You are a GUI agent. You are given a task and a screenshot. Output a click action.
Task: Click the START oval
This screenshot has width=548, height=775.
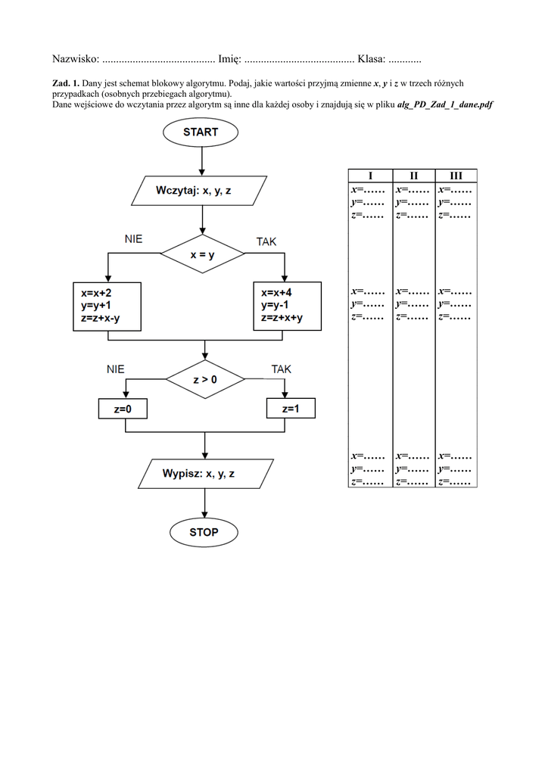point(201,132)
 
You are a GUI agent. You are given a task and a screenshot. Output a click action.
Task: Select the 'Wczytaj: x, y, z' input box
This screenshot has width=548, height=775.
point(200,191)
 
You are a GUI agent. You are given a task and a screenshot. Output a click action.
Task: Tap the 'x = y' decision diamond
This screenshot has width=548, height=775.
point(203,255)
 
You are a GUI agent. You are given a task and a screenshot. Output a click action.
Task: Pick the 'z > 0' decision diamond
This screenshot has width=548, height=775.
point(204,379)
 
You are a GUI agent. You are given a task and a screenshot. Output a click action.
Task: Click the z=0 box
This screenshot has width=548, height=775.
point(123,409)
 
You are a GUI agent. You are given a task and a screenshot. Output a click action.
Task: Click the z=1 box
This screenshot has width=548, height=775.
point(290,409)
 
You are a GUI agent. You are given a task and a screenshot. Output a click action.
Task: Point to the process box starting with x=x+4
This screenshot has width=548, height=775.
point(287,305)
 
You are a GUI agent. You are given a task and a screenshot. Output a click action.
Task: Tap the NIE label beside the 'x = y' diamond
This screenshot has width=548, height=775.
point(134,239)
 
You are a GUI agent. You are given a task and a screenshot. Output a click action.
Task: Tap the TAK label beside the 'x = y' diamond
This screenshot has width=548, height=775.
point(266,241)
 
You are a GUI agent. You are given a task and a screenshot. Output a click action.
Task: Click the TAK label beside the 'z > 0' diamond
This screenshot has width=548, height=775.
point(282,369)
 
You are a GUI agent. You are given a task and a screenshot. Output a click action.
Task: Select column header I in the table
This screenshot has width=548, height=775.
point(370,176)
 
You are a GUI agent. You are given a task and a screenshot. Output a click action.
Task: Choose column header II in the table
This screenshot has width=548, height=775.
point(413,176)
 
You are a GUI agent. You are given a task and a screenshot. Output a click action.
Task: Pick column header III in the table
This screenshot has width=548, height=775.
point(456,176)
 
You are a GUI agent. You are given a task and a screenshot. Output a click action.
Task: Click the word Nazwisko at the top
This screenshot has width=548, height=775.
point(75,59)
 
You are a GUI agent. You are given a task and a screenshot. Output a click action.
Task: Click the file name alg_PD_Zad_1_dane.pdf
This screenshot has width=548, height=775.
point(445,105)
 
